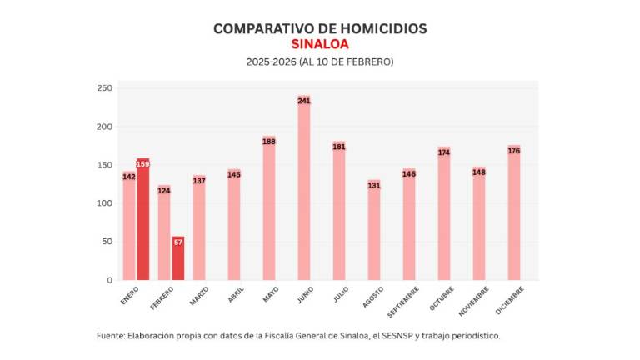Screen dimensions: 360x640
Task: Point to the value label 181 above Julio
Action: (339, 147)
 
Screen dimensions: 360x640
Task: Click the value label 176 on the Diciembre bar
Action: (513, 151)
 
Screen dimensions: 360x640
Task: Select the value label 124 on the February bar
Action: (164, 191)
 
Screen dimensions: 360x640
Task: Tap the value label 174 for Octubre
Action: (444, 152)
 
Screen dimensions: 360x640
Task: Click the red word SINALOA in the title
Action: (320, 44)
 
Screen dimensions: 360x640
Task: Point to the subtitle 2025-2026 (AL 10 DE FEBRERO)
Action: (320, 62)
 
